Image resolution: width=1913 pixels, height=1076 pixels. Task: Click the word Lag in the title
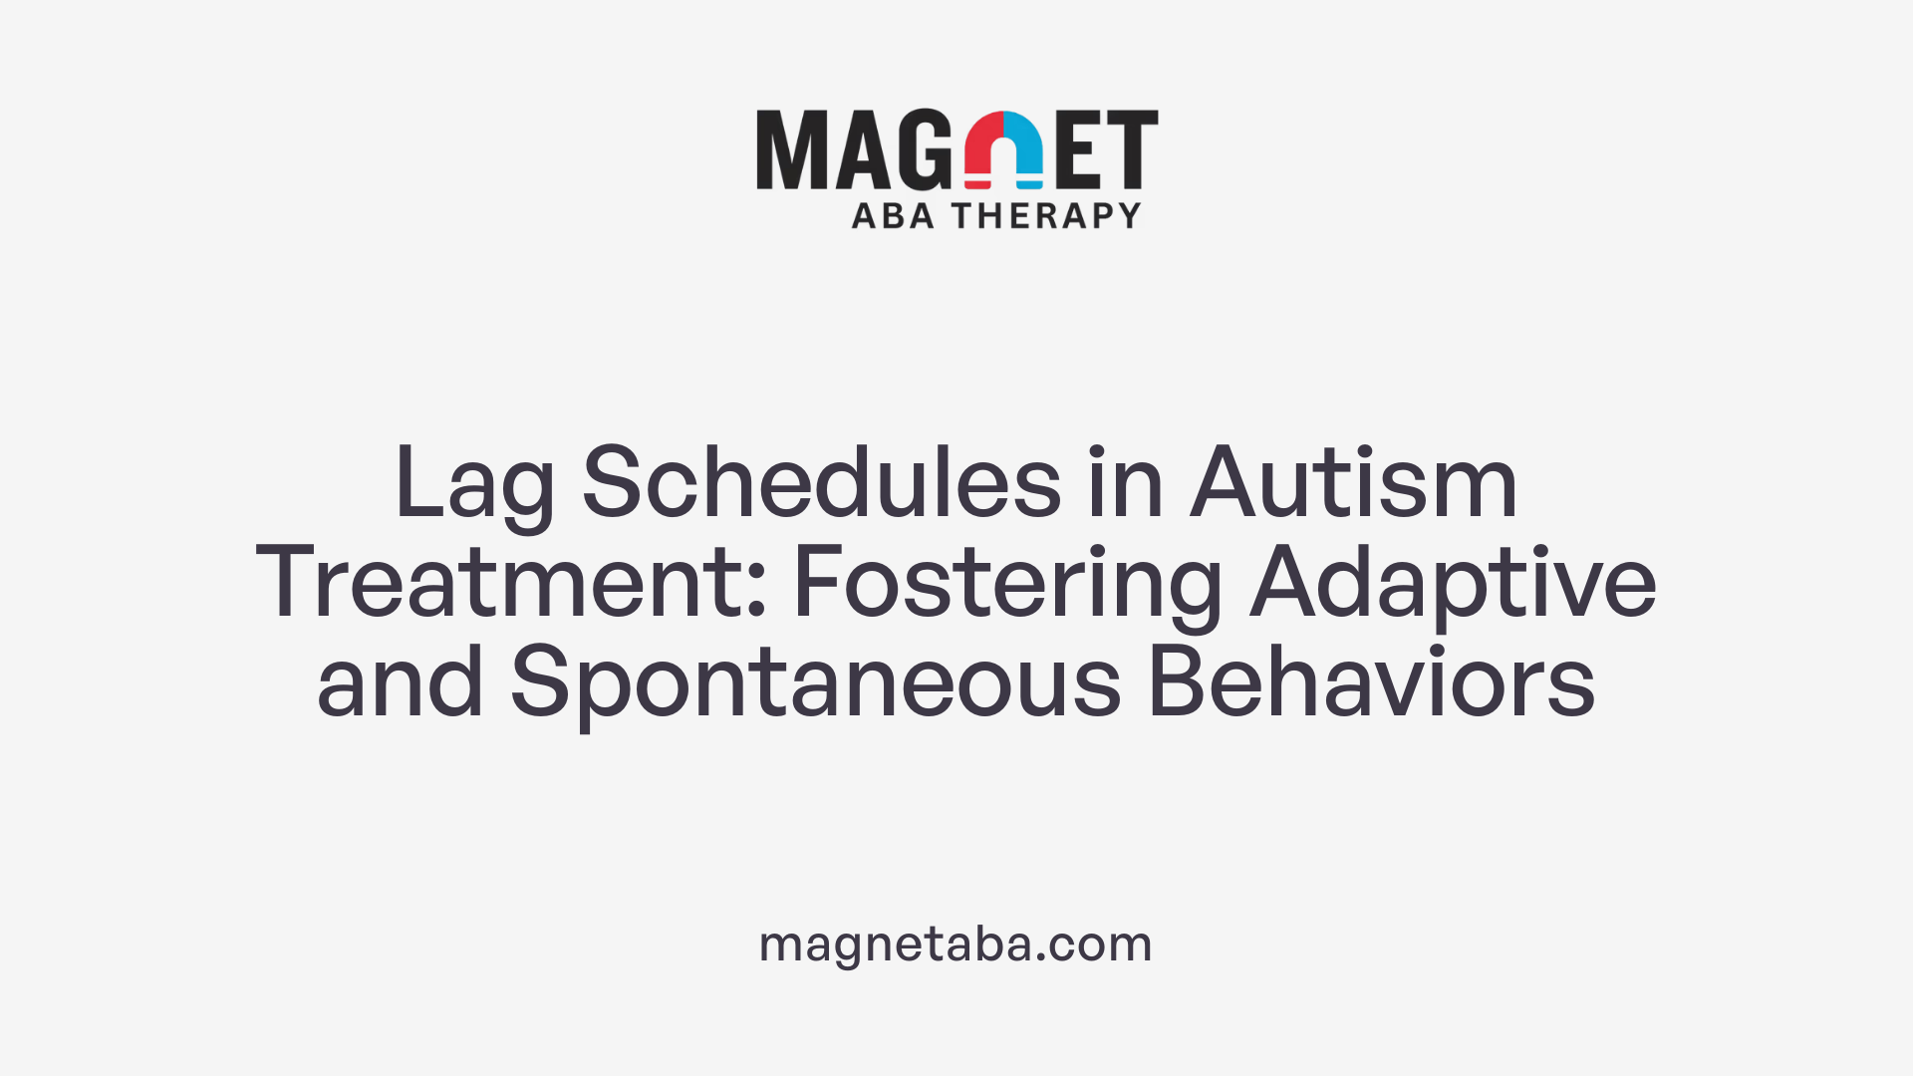[x=474, y=485]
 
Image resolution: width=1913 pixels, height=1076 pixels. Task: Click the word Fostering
[x=1007, y=585]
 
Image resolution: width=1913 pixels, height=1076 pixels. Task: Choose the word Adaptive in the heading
[x=1453, y=585]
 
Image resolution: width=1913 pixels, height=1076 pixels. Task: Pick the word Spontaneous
[x=816, y=684]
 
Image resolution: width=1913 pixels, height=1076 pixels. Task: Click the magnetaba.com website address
[x=956, y=943]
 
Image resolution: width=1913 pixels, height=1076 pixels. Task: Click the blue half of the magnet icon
[x=1023, y=149]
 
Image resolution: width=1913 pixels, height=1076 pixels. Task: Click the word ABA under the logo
[x=893, y=215]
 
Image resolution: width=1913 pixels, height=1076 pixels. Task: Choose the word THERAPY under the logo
[x=1045, y=215]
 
